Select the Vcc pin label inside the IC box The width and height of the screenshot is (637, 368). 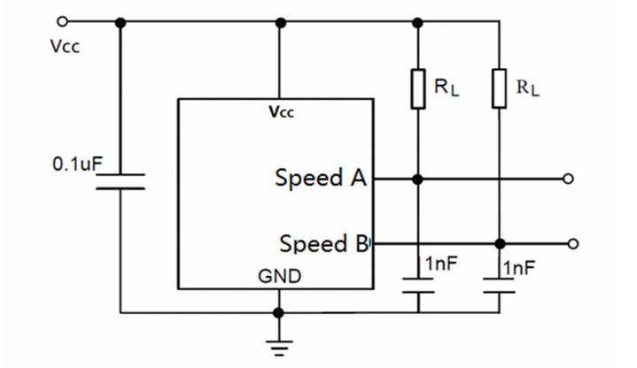[x=280, y=112]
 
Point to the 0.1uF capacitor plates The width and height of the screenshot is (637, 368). [x=120, y=181]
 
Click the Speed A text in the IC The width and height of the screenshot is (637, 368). [x=321, y=179]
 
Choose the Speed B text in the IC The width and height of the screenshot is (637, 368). [x=323, y=243]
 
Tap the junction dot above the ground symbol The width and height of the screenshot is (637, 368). [x=279, y=312]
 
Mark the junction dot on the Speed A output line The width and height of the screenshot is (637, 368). [x=418, y=179]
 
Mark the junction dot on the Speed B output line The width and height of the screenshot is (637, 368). [x=500, y=243]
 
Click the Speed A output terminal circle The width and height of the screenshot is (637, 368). [x=569, y=179]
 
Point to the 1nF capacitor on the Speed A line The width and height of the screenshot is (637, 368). [x=418, y=284]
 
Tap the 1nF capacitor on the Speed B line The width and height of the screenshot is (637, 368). [x=500, y=284]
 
